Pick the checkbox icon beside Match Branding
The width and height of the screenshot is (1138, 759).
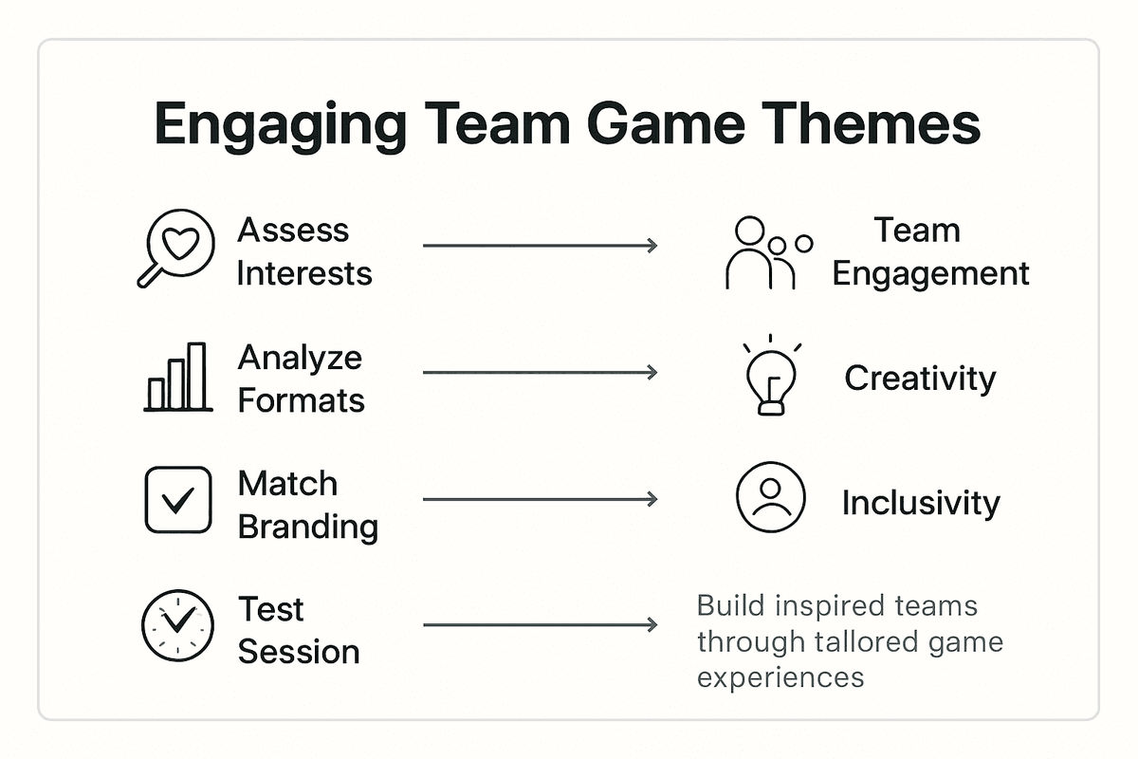point(177,499)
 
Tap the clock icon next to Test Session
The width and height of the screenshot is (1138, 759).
point(177,625)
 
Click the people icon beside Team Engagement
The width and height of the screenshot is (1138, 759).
point(766,252)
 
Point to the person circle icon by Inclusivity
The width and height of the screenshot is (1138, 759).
point(770,498)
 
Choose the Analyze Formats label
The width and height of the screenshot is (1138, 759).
point(301,379)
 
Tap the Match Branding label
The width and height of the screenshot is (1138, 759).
point(307,505)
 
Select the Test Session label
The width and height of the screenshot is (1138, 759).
point(298,630)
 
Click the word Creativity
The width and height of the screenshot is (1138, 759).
point(920,379)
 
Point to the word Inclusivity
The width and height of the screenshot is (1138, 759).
point(920,503)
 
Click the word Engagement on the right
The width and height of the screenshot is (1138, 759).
point(930,273)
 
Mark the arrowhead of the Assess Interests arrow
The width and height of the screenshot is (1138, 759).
point(652,246)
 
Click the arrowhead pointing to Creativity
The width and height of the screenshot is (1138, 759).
point(652,373)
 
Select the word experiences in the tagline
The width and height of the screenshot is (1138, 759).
point(780,676)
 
